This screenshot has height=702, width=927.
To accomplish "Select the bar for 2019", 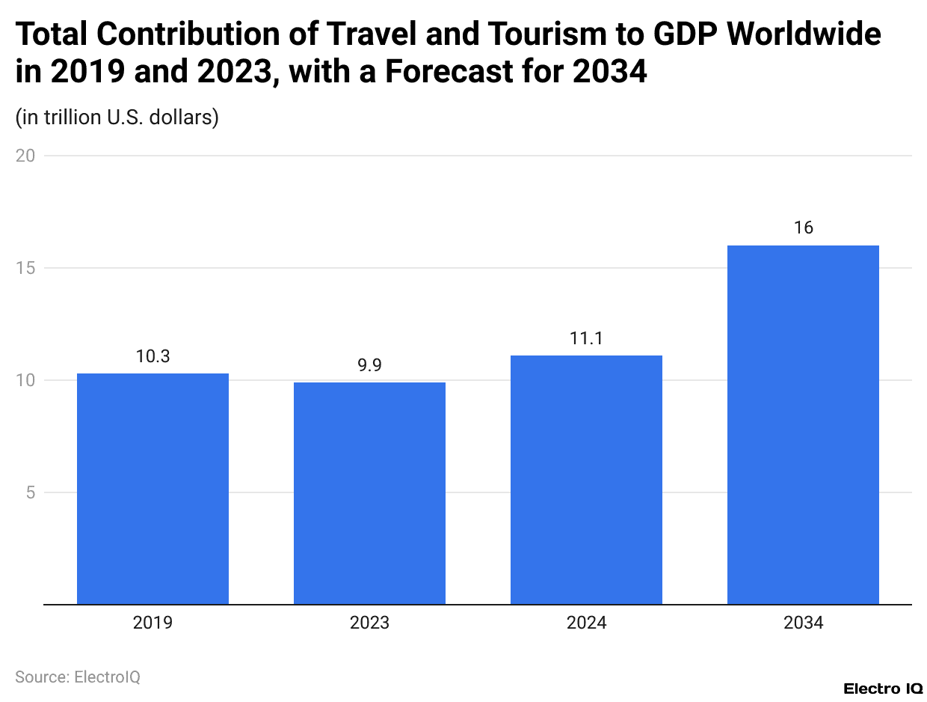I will [x=153, y=488].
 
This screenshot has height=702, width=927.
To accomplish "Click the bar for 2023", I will [x=369, y=492].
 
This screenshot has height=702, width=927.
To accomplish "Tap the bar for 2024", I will [x=586, y=479].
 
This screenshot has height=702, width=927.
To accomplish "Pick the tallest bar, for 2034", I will [x=803, y=424].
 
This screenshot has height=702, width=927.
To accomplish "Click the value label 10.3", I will [x=153, y=357].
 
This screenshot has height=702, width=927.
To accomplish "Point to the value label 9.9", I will [x=369, y=366].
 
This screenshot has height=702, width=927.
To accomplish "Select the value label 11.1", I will [x=586, y=339].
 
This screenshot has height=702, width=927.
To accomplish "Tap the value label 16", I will [x=803, y=228].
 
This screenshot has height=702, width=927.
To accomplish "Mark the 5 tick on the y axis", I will [x=30, y=492].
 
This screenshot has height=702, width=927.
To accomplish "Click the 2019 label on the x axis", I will [x=153, y=623].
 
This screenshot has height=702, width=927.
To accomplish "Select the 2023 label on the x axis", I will [x=369, y=623].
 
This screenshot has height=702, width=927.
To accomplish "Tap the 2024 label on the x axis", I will [x=586, y=623].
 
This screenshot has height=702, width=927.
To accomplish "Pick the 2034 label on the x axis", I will [x=803, y=623].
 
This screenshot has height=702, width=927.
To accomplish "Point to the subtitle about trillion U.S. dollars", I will [x=117, y=117].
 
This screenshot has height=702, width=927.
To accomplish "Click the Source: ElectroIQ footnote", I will [x=78, y=677].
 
